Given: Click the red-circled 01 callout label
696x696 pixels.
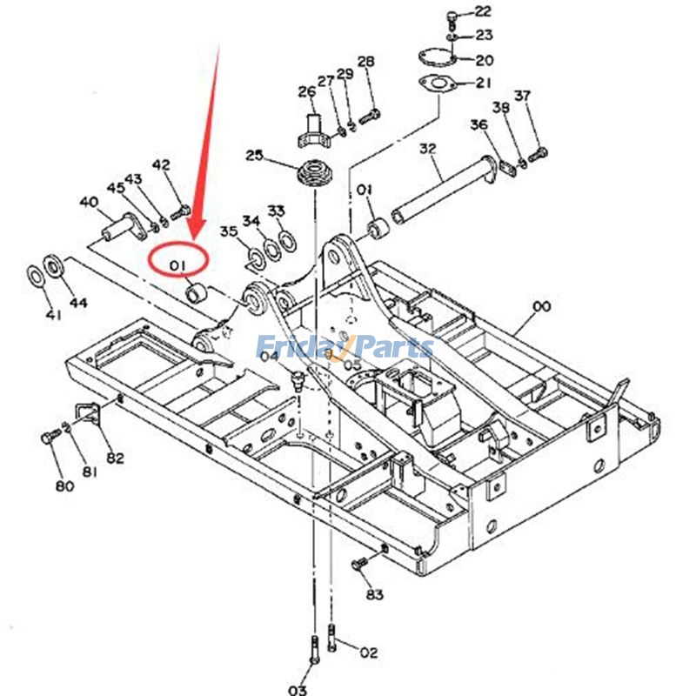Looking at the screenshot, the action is (x=177, y=265).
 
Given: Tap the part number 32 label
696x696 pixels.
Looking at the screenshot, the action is (x=427, y=148).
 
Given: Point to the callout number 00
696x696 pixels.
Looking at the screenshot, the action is (x=541, y=306).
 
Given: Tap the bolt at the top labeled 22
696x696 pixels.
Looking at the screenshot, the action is (x=452, y=19).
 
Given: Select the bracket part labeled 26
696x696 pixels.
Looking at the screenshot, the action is (x=313, y=132).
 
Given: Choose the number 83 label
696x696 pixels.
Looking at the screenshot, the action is (x=374, y=594).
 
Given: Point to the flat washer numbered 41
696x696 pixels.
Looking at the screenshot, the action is (x=35, y=276).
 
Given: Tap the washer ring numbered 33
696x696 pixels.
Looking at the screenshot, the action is (x=288, y=240).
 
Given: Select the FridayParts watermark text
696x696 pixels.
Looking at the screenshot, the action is (x=345, y=346).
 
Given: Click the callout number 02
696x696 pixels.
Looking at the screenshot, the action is (x=368, y=652).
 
